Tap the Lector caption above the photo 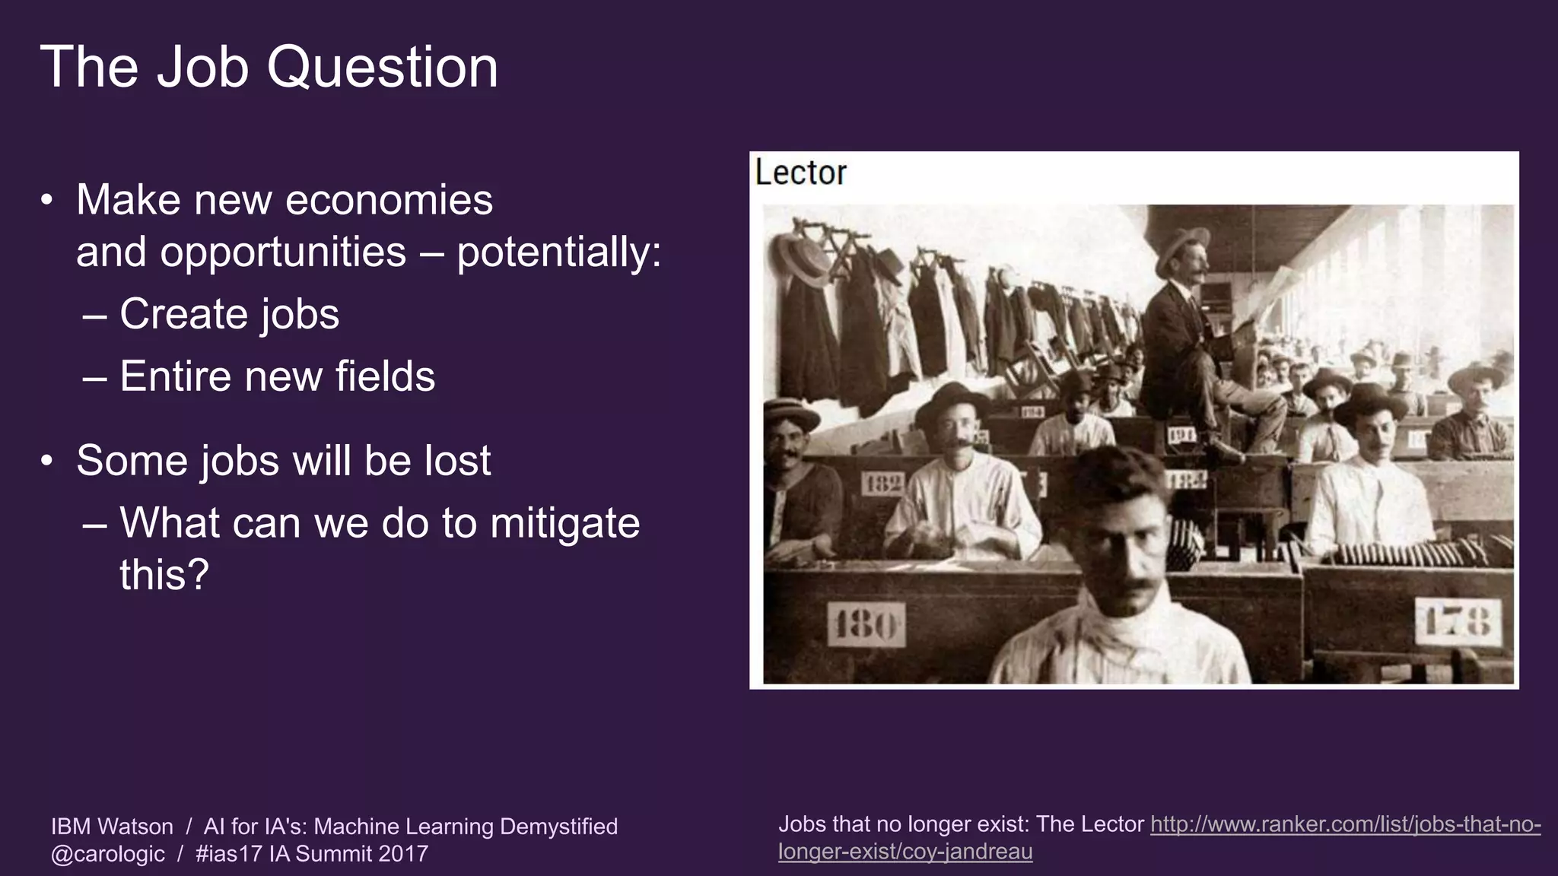(800, 173)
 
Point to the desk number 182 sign (883, 484)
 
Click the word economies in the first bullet (389, 201)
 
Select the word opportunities (283, 252)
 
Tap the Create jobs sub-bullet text (229, 315)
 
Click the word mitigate (564, 523)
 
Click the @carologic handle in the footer (108, 854)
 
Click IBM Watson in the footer (112, 827)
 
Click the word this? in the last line (164, 575)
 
